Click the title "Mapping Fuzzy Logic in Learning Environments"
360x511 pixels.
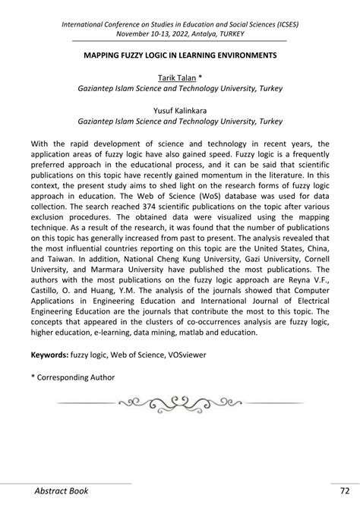pos(180,56)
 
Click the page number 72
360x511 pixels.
pos(344,490)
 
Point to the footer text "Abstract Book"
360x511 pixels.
pos(62,490)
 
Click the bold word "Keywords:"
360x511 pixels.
pos(49,355)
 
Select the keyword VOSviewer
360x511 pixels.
pos(185,355)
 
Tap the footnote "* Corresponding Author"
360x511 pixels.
pos(73,377)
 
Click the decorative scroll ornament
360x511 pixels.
pos(180,402)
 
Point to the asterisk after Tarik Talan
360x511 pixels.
pos(199,77)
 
